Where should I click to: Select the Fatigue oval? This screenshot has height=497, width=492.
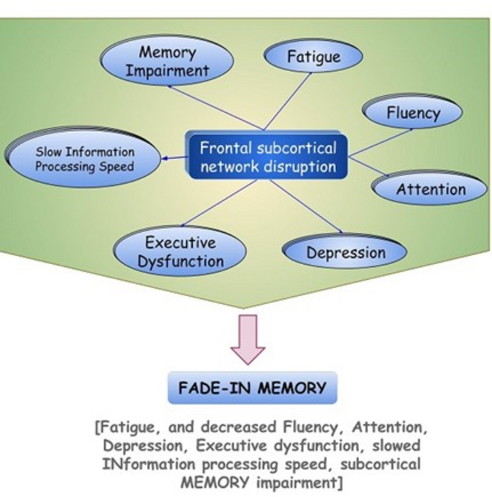pos(313,57)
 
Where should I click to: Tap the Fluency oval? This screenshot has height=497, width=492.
pos(413,112)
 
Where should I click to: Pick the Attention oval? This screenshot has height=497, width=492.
pos(430,190)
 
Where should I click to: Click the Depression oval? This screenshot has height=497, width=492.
pos(345,253)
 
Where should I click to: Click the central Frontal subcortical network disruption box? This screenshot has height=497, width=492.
pos(267,158)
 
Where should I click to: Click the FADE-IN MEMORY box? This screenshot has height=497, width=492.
pos(252,388)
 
